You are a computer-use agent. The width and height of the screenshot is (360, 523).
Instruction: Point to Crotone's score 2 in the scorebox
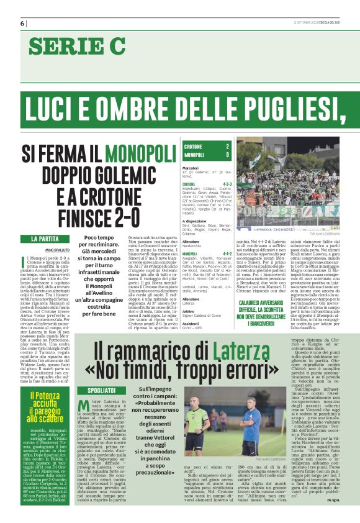(x=228, y=146)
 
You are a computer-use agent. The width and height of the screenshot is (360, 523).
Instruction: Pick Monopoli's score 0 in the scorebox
(x=228, y=154)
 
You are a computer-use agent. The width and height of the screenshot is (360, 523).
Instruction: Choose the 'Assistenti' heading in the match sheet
(x=192, y=323)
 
